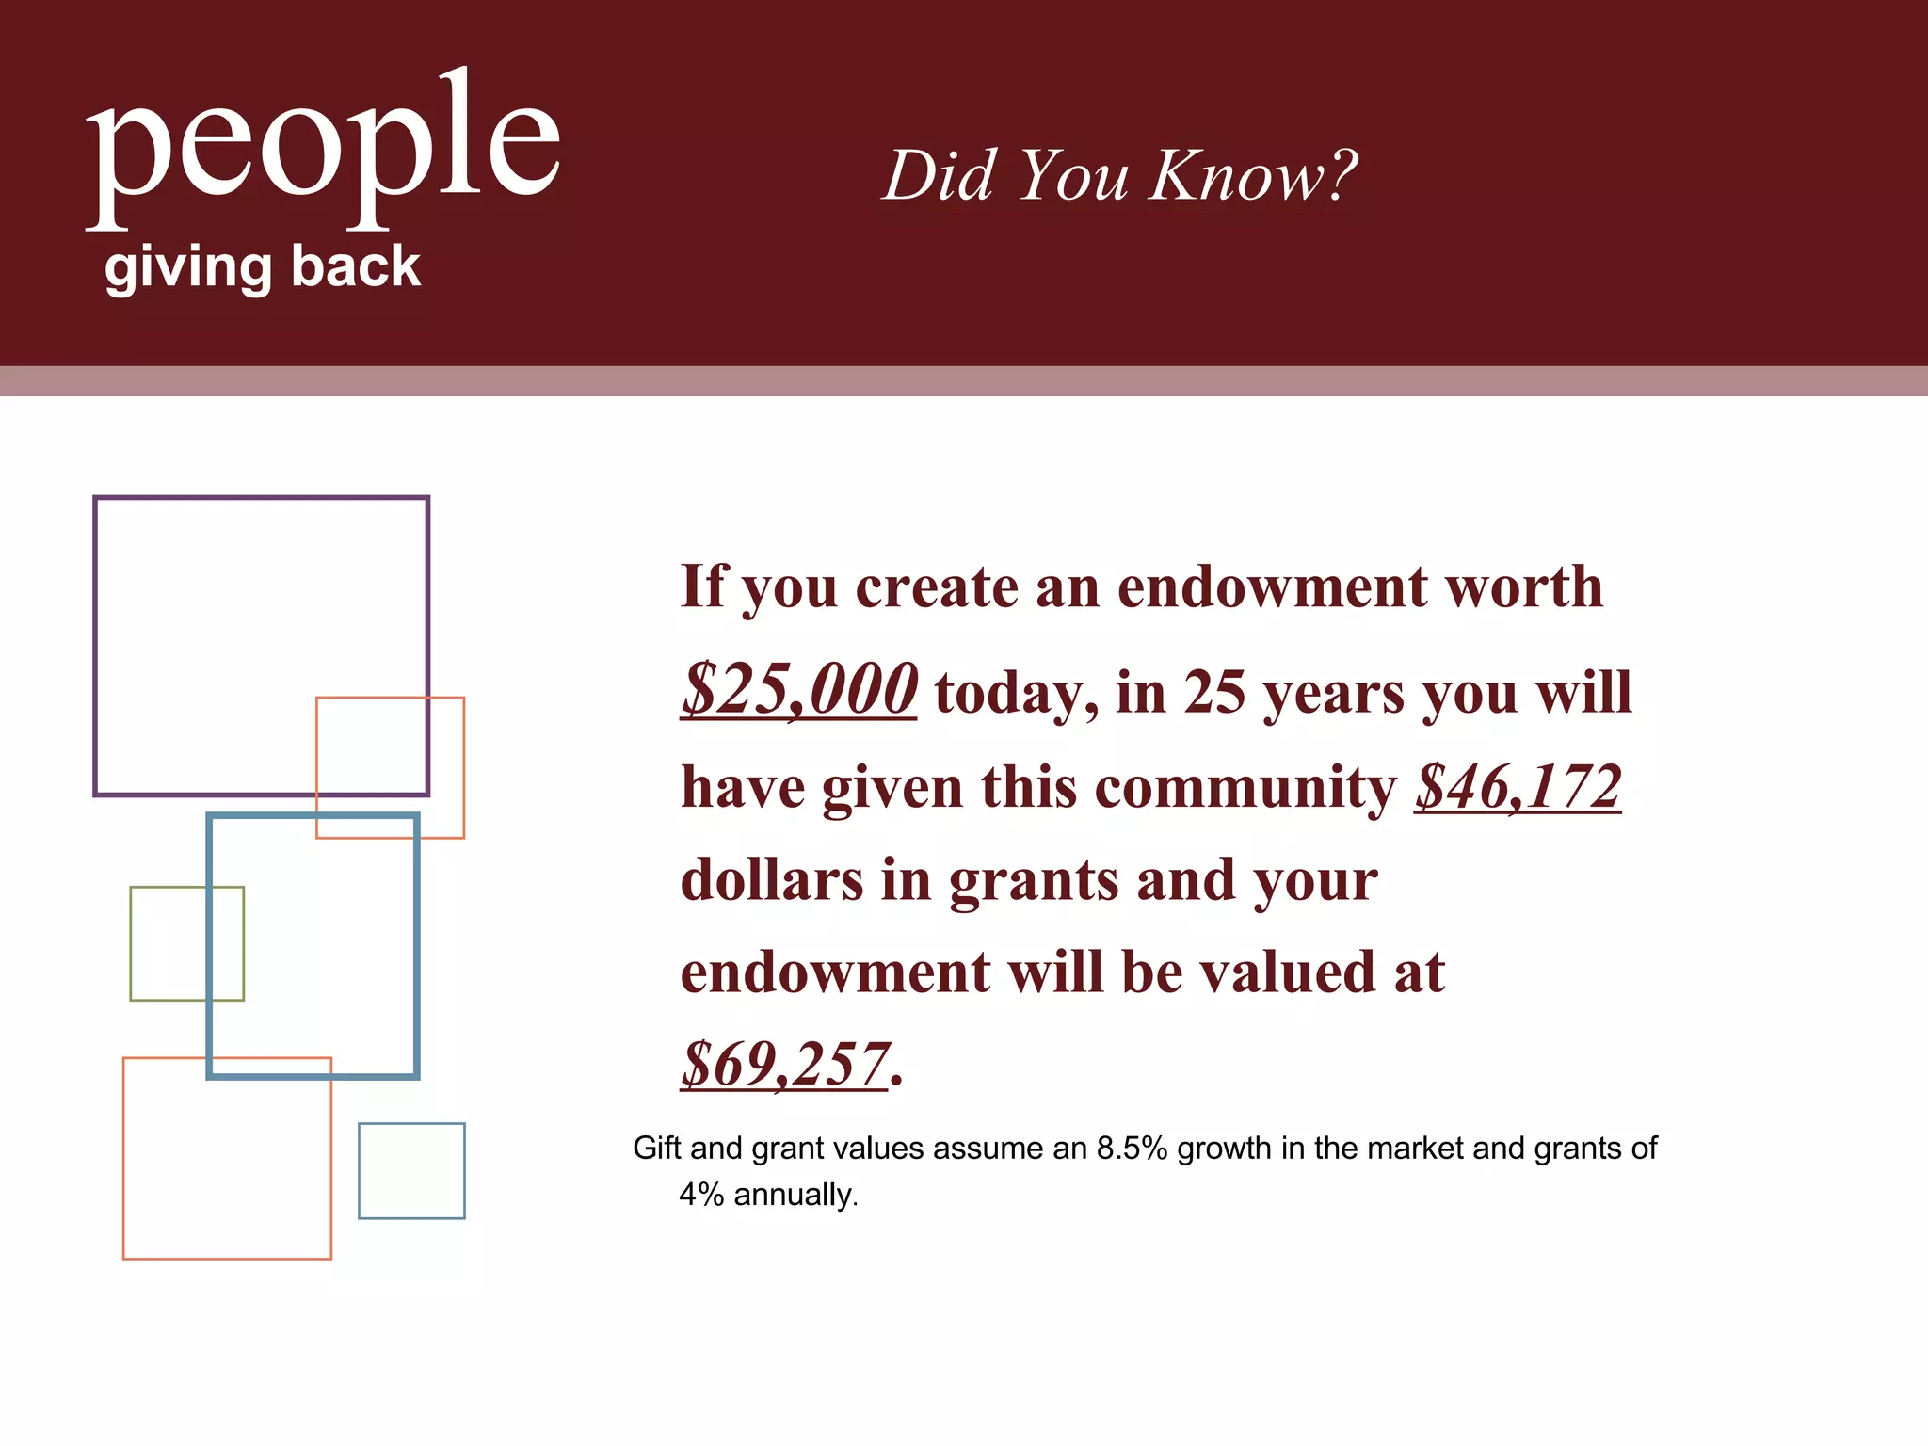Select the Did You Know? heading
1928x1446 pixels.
[1119, 175]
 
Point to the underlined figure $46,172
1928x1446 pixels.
[1517, 787]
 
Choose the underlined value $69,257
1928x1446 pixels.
[784, 1065]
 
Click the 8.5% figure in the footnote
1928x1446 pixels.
[1132, 1149]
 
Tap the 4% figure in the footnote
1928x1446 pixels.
[700, 1195]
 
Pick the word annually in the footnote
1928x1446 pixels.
[795, 1195]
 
